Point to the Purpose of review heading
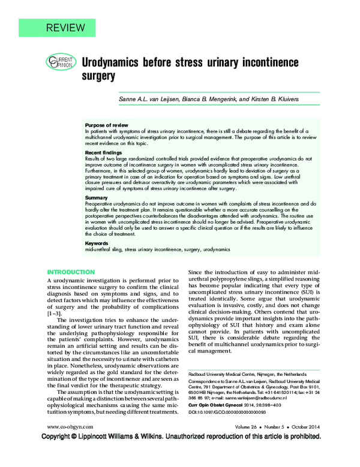106,125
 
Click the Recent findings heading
104,153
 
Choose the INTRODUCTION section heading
71,272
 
